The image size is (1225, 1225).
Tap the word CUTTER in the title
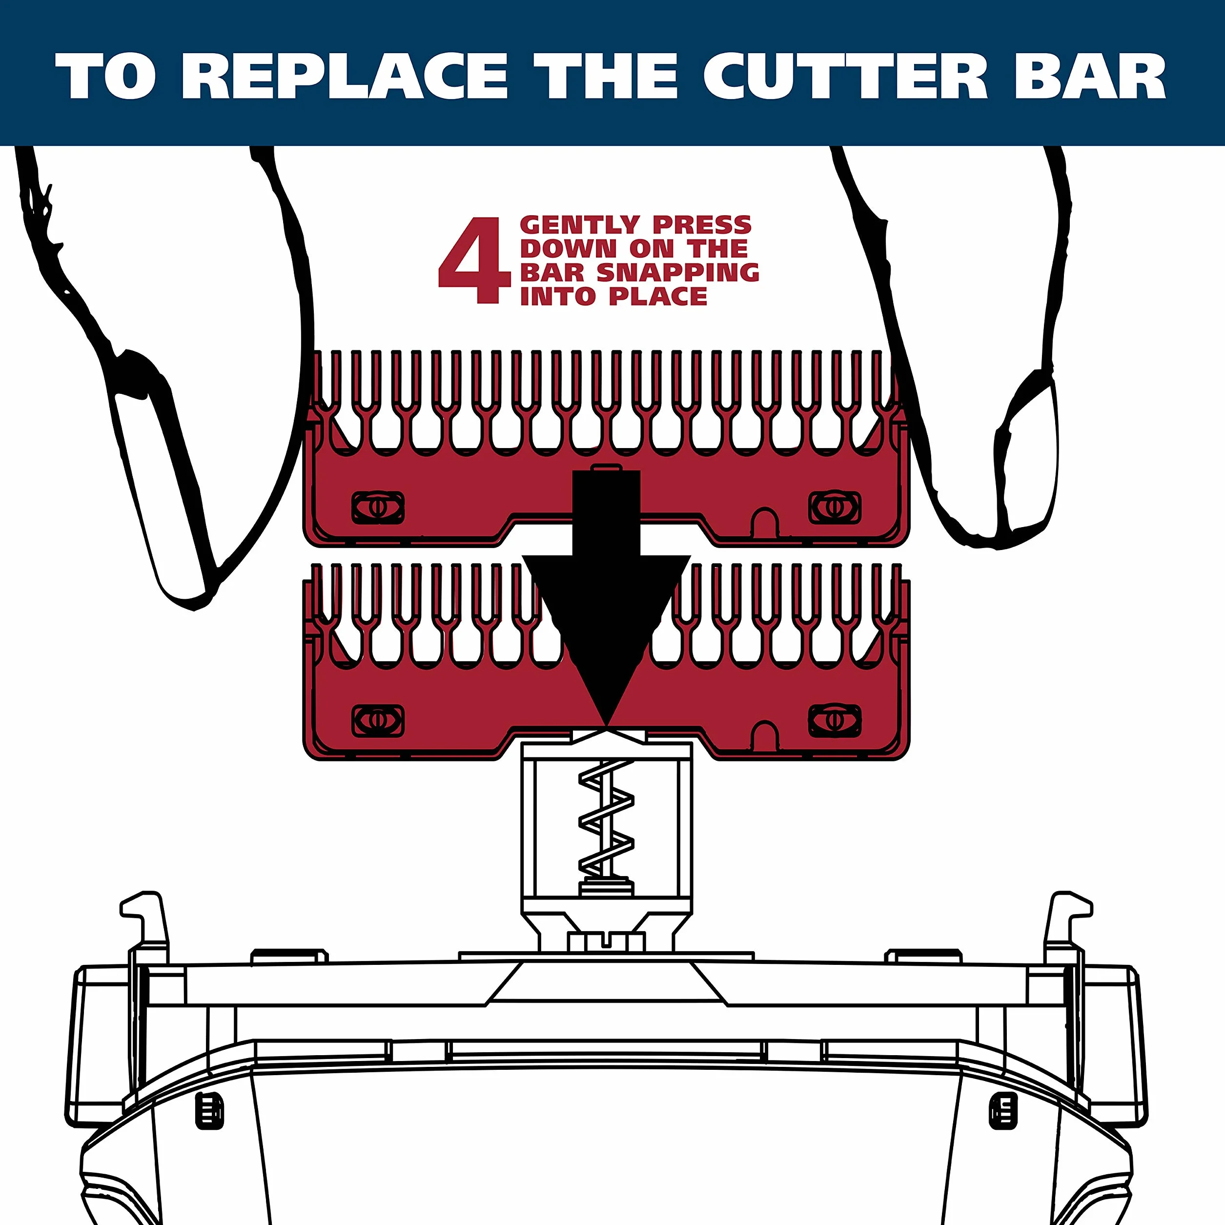click(x=845, y=76)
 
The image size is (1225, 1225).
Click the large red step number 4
click(x=474, y=261)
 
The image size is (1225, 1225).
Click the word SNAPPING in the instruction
click(x=678, y=273)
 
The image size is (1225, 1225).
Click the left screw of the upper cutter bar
click(x=377, y=507)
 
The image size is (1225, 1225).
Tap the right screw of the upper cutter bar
click(x=835, y=507)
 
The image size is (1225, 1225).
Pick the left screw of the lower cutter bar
click(x=377, y=720)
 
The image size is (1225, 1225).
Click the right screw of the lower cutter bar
click(x=835, y=720)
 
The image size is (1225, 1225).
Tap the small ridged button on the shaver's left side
click(x=210, y=1110)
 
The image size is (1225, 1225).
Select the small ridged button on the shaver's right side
click(x=1003, y=1110)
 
